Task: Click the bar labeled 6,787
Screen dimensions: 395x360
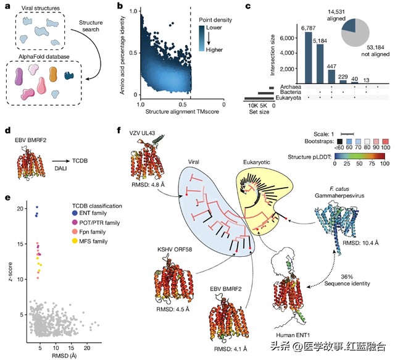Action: (309, 57)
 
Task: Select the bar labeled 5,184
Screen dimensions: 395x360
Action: (320, 64)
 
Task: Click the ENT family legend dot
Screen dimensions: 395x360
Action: (75, 213)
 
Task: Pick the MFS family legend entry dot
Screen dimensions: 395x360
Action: (75, 241)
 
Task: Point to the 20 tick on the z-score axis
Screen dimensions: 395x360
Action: (20, 209)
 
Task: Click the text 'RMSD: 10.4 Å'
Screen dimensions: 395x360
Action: (360, 243)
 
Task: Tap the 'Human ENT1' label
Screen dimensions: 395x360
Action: (293, 335)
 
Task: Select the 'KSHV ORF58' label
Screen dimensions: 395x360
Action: (175, 249)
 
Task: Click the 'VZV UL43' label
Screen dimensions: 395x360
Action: (142, 133)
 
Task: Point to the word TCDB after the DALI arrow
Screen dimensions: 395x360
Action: (80, 161)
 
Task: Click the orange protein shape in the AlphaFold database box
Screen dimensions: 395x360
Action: (53, 74)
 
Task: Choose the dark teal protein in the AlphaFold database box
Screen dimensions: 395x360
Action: (69, 75)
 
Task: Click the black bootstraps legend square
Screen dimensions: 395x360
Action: (340, 141)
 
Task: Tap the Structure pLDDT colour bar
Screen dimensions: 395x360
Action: (359, 156)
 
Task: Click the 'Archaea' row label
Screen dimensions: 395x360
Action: (291, 86)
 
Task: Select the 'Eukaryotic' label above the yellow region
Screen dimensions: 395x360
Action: (257, 162)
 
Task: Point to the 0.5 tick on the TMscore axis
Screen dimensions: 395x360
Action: (183, 104)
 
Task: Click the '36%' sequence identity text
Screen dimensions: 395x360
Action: (347, 277)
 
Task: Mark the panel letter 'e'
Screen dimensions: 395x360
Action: (7, 198)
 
